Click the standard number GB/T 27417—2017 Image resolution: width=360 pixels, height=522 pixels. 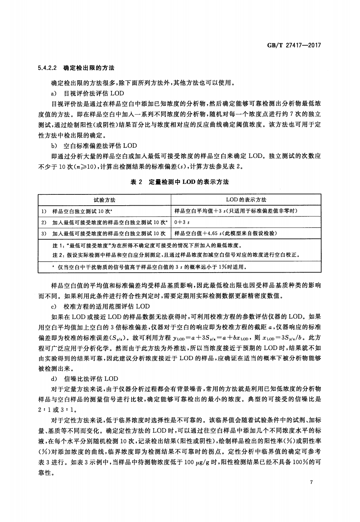point(294,46)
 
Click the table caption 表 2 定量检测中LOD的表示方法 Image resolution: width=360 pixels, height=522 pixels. point(180,182)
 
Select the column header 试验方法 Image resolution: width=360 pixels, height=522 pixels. point(104,200)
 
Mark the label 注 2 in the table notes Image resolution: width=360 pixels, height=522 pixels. point(58,255)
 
